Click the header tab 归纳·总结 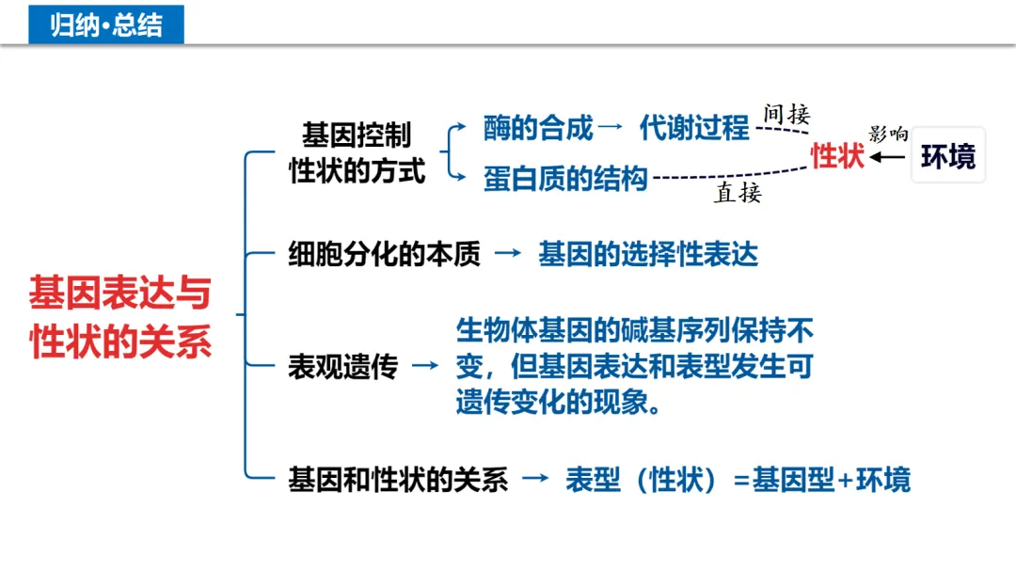[x=105, y=24]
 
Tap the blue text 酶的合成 [x=538, y=128]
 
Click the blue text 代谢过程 [x=694, y=128]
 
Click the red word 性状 [x=837, y=156]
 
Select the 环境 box [x=947, y=156]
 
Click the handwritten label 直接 [x=738, y=194]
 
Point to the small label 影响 [x=888, y=134]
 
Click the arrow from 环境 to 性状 [x=888, y=157]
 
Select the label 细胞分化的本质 [x=384, y=255]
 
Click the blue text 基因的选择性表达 [x=648, y=255]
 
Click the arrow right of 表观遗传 [x=425, y=366]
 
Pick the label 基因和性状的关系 [x=398, y=481]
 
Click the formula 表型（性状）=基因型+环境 [x=738, y=481]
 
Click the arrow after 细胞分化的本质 [x=508, y=254]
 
